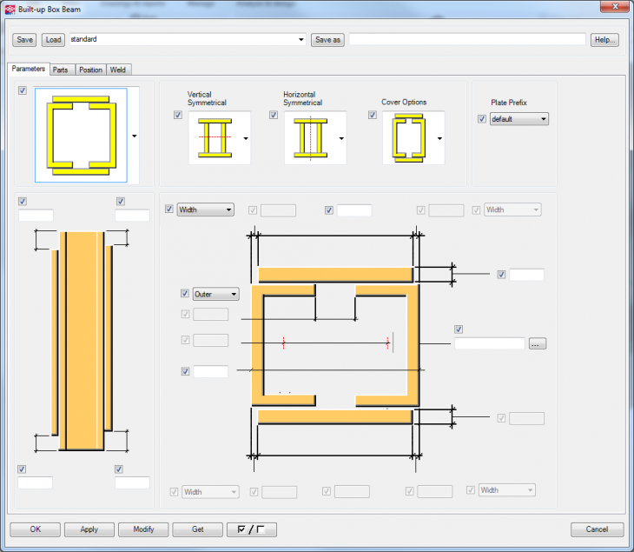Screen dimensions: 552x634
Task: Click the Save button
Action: [x=24, y=40]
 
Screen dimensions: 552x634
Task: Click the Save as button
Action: [x=327, y=40]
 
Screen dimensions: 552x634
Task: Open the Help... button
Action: [x=604, y=40]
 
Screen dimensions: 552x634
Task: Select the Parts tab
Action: [x=61, y=70]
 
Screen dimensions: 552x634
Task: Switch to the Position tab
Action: [x=90, y=70]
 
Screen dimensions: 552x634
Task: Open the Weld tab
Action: [x=119, y=70]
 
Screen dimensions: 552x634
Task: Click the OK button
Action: [x=35, y=529]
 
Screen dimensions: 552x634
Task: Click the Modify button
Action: [x=143, y=529]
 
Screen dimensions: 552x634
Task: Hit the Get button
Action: [x=197, y=529]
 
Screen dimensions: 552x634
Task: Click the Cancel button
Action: [x=597, y=529]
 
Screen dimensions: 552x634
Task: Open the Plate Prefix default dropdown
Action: [x=519, y=119]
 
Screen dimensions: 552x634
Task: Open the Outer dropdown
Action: [x=215, y=294]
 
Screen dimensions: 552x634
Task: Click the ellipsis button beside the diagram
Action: [x=537, y=344]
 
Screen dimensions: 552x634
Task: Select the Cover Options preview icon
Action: [x=407, y=138]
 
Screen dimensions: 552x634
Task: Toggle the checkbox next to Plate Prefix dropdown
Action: [x=482, y=119]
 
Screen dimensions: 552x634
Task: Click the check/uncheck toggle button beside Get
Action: [x=251, y=529]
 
